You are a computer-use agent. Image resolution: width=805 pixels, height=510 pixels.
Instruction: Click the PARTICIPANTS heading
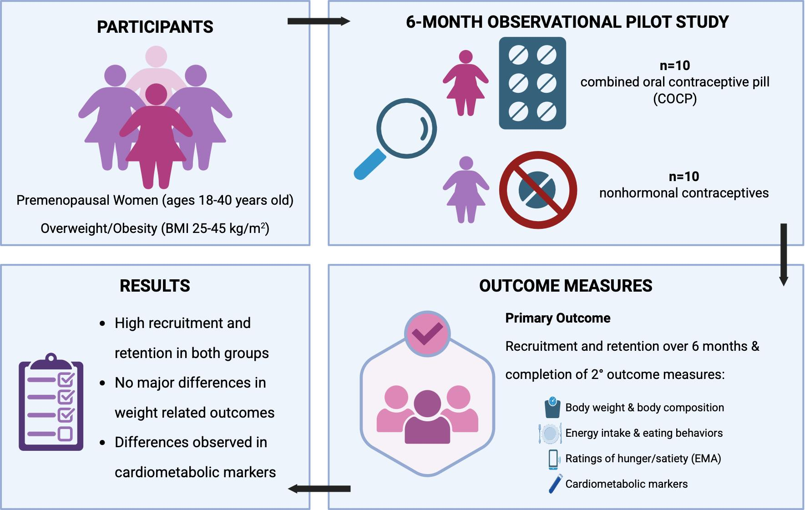(155, 27)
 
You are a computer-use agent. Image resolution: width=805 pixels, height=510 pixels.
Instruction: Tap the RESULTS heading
(155, 286)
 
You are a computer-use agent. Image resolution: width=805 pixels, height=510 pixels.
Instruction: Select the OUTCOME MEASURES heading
(566, 286)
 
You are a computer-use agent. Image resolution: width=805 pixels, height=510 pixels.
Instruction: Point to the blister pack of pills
(532, 83)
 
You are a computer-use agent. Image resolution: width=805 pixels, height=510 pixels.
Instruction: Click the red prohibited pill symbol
(538, 190)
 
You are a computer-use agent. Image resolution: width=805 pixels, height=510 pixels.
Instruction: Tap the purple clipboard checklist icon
(51, 403)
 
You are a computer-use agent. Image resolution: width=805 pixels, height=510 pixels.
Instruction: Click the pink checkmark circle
(427, 334)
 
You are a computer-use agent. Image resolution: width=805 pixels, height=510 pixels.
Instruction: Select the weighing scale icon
(552, 407)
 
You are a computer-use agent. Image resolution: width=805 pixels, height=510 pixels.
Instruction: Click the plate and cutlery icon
(550, 433)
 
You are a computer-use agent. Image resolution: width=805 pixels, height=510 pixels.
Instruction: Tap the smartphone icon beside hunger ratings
(553, 459)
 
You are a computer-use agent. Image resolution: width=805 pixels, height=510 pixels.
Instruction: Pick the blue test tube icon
(555, 484)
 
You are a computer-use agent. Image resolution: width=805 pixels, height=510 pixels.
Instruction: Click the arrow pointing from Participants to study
(319, 21)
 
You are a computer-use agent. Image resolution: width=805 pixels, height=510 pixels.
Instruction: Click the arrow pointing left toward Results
(319, 489)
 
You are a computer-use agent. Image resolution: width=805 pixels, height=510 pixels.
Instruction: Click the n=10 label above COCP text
(675, 66)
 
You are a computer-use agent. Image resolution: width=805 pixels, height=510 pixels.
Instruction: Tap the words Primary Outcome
(558, 318)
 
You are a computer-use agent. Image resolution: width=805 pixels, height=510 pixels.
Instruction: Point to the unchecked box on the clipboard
(66, 434)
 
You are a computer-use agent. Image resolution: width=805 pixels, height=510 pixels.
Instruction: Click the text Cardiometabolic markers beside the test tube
(626, 484)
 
